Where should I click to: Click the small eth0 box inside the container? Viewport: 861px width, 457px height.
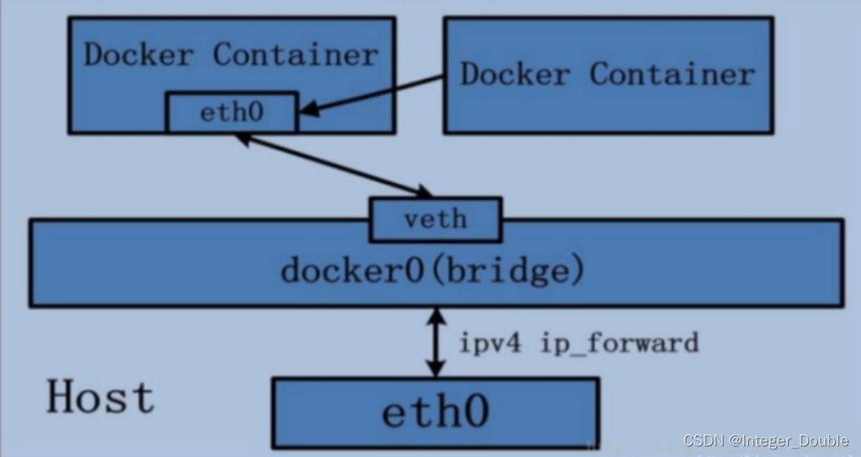point(232,113)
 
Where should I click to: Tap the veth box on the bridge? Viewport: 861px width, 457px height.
point(436,220)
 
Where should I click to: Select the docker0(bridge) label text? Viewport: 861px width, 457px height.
point(432,270)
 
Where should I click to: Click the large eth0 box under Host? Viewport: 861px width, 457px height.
point(435,412)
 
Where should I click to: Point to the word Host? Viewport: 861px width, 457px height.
point(101,397)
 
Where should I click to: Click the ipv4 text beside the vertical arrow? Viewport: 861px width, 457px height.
point(490,343)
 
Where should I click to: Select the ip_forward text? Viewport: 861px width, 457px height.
point(620,343)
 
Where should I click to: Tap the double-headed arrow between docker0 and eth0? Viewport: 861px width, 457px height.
point(436,342)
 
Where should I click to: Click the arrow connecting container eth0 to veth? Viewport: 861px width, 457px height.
point(334,166)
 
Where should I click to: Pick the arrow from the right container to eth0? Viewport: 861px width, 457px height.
point(370,95)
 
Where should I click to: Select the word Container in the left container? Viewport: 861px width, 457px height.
point(296,54)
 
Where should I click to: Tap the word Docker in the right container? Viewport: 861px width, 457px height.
point(515,73)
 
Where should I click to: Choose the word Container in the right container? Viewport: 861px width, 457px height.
point(672,73)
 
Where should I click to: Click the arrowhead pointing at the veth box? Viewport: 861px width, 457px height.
point(423,191)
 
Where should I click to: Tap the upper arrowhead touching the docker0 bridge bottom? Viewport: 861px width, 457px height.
point(436,316)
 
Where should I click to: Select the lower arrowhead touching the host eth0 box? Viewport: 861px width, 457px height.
point(436,369)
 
